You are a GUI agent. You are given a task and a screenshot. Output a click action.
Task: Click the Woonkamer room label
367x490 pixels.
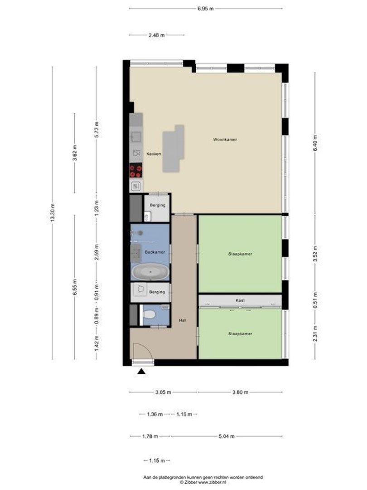225,140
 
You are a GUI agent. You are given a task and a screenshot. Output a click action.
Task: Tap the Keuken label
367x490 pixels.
154,154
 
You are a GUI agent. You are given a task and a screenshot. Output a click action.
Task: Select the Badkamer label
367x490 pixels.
155,252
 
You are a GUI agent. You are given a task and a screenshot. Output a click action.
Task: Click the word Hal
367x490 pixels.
183,320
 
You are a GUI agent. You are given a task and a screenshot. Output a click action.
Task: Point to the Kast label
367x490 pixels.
240,300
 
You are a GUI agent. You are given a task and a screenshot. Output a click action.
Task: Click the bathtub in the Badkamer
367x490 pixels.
150,272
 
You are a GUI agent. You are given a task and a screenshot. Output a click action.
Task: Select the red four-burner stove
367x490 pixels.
136,171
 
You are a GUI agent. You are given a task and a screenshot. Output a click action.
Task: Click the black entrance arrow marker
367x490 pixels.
141,371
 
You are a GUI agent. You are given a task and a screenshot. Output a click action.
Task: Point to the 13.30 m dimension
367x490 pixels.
53,212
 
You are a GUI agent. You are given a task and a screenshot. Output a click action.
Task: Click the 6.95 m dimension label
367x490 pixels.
206,9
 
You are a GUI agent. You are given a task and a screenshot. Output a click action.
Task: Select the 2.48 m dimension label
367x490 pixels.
157,35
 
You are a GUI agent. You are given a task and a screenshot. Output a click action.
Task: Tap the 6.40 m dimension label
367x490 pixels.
315,143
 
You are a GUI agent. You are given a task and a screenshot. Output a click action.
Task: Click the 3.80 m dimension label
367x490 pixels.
240,392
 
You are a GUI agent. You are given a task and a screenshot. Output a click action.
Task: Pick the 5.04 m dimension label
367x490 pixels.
227,436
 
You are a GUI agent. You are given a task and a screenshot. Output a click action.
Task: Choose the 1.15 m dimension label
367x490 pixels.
157,461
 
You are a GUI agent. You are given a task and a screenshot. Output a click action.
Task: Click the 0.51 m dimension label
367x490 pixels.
315,301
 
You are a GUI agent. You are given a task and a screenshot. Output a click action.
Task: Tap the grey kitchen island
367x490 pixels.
173,148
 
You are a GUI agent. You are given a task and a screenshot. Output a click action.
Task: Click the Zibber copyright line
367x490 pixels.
203,482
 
